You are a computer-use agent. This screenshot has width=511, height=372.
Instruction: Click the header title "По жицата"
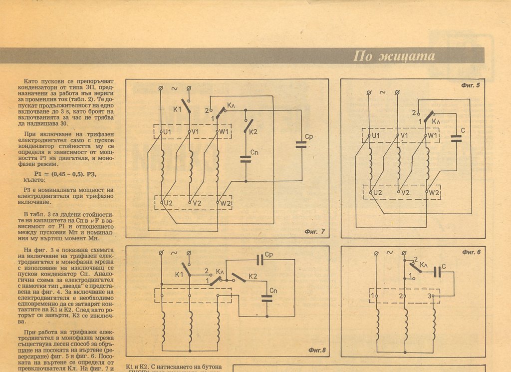tap(394, 56)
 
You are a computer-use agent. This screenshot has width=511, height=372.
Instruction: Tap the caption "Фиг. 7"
tap(314, 232)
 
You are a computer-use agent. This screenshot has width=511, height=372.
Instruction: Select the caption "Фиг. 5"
tap(471, 85)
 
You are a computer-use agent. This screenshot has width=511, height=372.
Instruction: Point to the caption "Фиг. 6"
tap(471, 252)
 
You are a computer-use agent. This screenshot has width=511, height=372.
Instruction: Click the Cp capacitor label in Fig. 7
tap(308, 136)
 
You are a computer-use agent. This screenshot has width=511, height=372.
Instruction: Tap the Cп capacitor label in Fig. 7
tap(255, 152)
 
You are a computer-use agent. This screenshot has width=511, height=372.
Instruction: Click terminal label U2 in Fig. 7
tap(167, 203)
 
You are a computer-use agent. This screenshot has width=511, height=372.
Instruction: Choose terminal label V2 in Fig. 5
tap(405, 192)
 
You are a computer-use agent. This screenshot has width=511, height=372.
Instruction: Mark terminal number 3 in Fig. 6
tap(429, 297)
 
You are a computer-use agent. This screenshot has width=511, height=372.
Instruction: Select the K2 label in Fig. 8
tap(253, 276)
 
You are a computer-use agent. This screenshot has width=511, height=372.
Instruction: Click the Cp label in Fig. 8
tap(268, 255)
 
